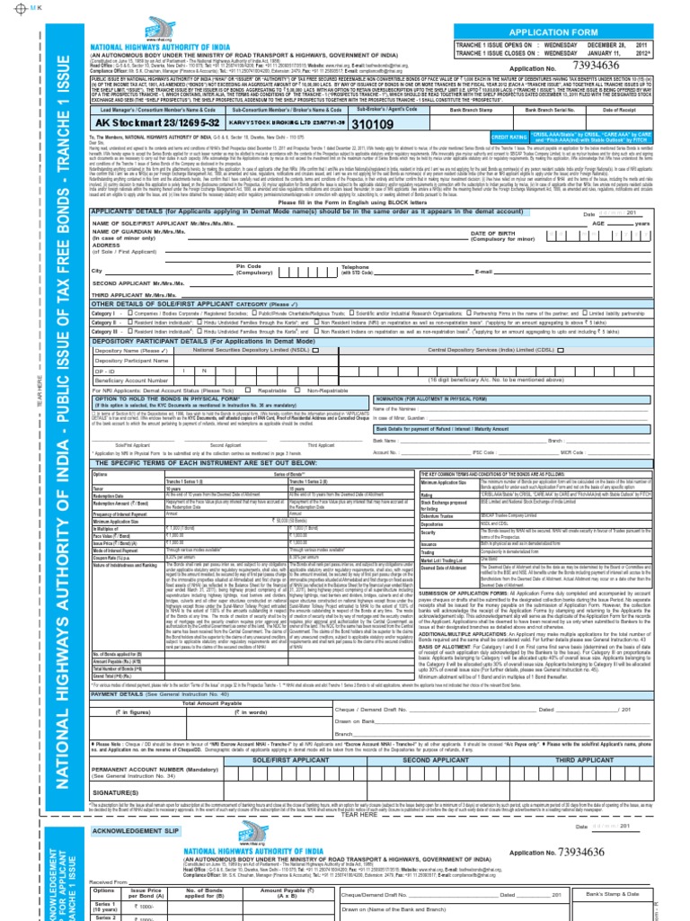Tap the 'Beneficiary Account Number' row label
pos(133,380)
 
